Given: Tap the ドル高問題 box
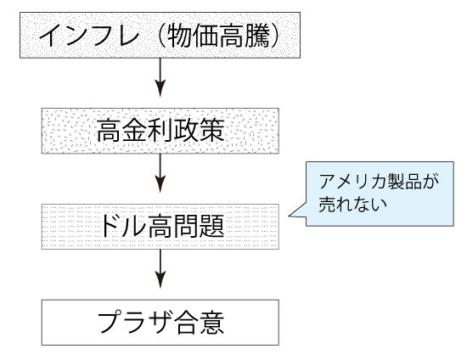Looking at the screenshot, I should tap(160, 227).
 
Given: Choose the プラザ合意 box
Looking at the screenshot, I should tap(160, 322).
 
